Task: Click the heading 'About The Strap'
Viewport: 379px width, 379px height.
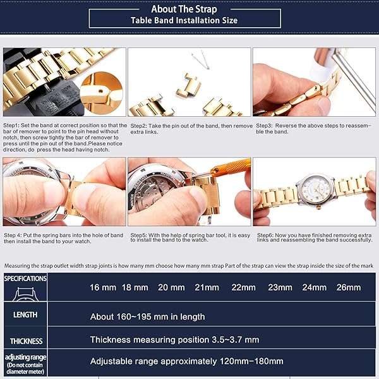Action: pyautogui.click(x=184, y=9)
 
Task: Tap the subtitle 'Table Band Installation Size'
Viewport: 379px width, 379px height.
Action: pyautogui.click(x=184, y=20)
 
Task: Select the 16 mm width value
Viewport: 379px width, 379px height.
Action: pyautogui.click(x=103, y=287)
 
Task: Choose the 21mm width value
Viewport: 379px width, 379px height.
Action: pyautogui.click(x=207, y=287)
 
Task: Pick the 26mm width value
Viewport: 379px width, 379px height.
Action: pyautogui.click(x=349, y=287)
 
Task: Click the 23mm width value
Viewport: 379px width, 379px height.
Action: pyautogui.click(x=280, y=287)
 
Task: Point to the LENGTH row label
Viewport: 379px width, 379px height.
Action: pyautogui.click(x=25, y=315)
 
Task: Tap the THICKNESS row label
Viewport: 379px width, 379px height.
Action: pyautogui.click(x=26, y=341)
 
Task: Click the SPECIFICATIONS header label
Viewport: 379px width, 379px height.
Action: pyautogui.click(x=25, y=279)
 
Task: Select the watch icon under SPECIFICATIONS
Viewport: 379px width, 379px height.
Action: pyautogui.click(x=25, y=294)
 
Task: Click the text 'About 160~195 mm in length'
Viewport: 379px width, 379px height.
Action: pyautogui.click(x=147, y=316)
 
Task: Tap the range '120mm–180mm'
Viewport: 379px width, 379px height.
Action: pyautogui.click(x=251, y=361)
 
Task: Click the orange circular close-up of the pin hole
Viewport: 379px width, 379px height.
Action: pyautogui.click(x=102, y=93)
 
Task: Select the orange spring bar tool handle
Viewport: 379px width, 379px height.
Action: pyautogui.click(x=230, y=167)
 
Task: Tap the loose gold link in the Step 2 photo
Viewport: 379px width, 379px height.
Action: pyautogui.click(x=188, y=86)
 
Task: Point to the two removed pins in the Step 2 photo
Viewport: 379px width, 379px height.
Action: pyautogui.click(x=201, y=60)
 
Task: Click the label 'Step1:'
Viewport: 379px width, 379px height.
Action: pyautogui.click(x=11, y=126)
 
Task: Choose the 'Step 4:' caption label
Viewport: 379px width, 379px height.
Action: pyautogui.click(x=13, y=235)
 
